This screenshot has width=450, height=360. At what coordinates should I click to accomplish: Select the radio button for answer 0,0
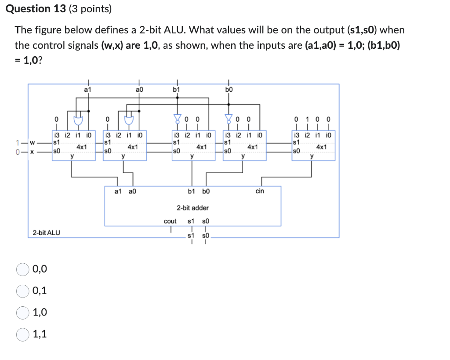[22, 269]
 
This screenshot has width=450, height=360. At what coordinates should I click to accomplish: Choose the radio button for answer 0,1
[22, 291]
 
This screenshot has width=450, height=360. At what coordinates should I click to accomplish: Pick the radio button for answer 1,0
[22, 313]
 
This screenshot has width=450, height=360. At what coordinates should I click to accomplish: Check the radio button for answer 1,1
[22, 335]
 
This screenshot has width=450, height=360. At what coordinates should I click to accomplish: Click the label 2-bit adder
[192, 207]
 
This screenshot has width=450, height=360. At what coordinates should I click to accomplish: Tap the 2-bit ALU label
[47, 232]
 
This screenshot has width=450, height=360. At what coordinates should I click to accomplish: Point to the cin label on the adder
[259, 191]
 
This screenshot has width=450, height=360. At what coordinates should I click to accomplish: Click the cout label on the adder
[170, 221]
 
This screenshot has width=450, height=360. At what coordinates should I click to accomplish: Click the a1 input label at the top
[87, 90]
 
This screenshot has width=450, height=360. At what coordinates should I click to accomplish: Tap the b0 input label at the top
[229, 90]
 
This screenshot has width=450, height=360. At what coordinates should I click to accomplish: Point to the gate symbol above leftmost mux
[78, 120]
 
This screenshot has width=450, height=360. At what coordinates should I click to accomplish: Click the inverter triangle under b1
[177, 118]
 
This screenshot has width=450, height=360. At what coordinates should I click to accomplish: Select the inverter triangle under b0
[228, 118]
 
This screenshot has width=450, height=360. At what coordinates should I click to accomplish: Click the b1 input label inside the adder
[192, 191]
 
